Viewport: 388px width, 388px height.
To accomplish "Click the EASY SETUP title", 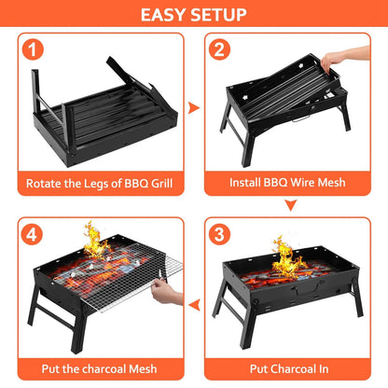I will (194, 15).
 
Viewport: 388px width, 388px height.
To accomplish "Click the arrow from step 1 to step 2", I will (194, 108).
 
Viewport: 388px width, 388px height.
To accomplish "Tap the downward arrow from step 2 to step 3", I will (290, 204).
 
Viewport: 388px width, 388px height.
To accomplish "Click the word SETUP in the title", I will (220, 15).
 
